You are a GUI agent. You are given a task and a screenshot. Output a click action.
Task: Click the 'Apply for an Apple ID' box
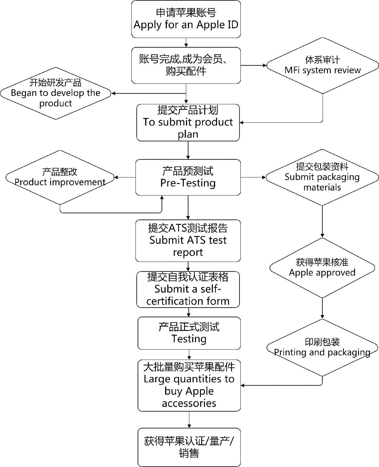pos(186,19)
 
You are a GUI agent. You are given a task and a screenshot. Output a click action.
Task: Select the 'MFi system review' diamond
pos(322,65)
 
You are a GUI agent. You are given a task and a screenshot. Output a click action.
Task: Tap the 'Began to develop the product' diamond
pos(55,93)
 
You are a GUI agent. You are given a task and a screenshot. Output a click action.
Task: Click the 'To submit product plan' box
pos(188,122)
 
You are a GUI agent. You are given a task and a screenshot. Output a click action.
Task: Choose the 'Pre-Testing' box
pos(188,177)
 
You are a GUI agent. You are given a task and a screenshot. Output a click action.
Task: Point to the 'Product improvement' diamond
pos(60,177)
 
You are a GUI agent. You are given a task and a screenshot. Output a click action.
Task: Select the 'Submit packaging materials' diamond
pos(322,177)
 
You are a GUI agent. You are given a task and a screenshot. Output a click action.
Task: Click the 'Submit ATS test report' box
pos(188,241)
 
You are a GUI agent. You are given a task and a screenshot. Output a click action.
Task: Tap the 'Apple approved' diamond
pos(322,268)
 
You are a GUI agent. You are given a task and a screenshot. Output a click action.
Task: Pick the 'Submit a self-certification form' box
pos(188,290)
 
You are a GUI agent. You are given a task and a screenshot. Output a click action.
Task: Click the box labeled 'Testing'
pos(189,333)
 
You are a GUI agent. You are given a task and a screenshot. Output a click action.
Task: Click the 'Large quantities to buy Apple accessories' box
pos(189,385)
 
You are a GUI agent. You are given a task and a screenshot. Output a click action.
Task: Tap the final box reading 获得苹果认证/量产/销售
pos(189,447)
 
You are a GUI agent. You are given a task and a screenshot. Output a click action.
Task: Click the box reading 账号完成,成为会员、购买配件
pos(186,65)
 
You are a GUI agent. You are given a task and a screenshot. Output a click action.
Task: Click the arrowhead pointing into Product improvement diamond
pos(116,177)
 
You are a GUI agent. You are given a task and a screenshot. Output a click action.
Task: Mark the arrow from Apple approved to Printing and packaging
pos(322,308)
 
